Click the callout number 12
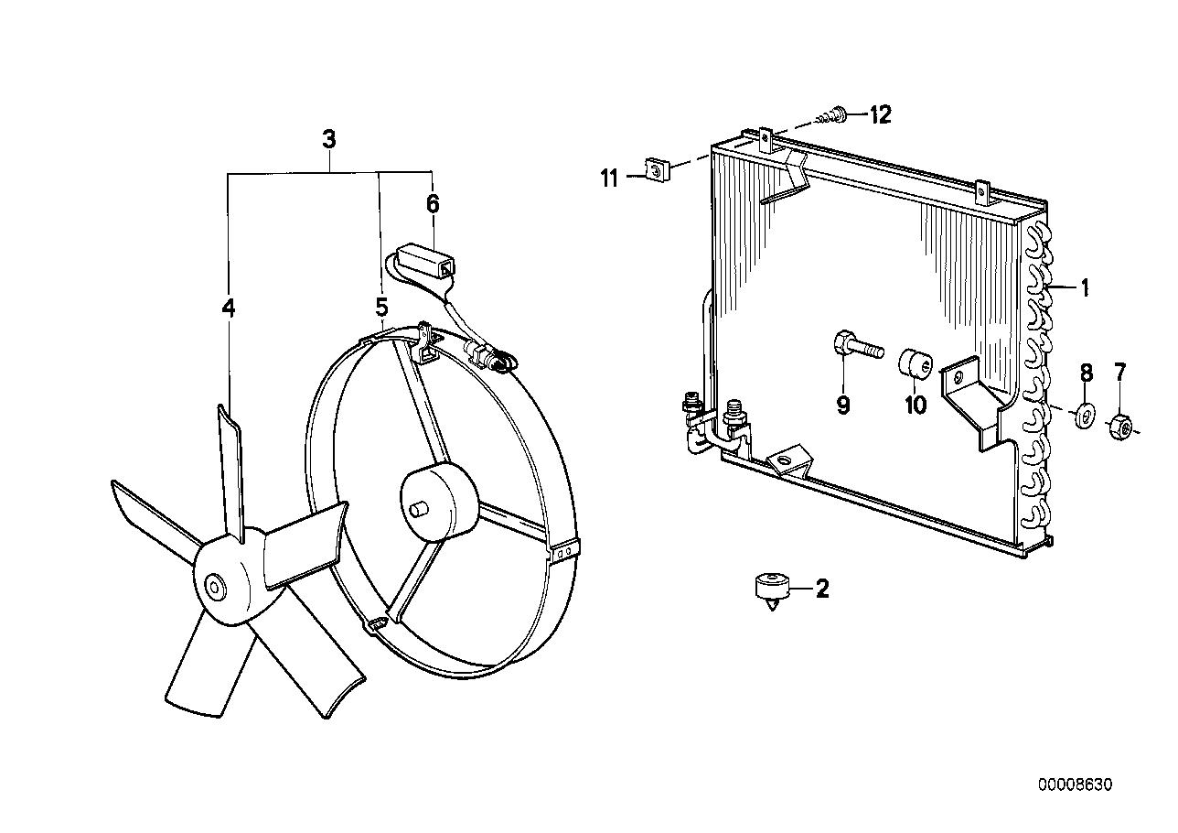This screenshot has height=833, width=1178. [879, 114]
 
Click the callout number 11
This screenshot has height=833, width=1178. [610, 178]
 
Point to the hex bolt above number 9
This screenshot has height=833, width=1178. [854, 347]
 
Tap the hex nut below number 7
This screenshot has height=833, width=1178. [1120, 426]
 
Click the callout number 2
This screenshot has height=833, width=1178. [821, 589]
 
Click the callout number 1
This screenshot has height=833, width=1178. [1085, 289]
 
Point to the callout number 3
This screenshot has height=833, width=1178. [329, 140]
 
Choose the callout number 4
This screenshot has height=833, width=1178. [228, 308]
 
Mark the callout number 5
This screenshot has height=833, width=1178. [381, 306]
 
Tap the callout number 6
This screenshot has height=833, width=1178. [433, 203]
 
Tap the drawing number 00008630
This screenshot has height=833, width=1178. [1075, 784]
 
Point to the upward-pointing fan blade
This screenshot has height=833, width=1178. [230, 467]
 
